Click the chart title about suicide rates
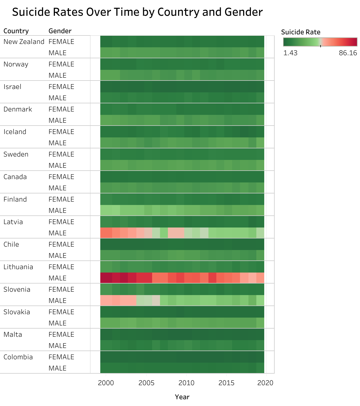click(x=137, y=12)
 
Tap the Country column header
click(x=16, y=31)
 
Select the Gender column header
click(x=60, y=31)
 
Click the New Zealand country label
click(x=24, y=42)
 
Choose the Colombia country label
click(x=18, y=357)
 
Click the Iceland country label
click(x=15, y=132)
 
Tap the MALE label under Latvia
click(x=57, y=233)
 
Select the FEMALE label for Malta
click(x=61, y=334)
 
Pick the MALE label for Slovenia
click(x=57, y=301)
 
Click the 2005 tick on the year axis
click(x=146, y=383)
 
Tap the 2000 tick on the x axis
click(x=106, y=383)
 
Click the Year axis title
click(x=182, y=397)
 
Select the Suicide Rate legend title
click(x=301, y=32)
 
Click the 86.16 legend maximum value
click(x=348, y=53)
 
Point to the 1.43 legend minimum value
click(x=290, y=53)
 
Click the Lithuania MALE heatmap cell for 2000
click(x=106, y=278)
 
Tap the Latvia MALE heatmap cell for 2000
click(x=106, y=233)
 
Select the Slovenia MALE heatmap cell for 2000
click(x=106, y=300)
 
